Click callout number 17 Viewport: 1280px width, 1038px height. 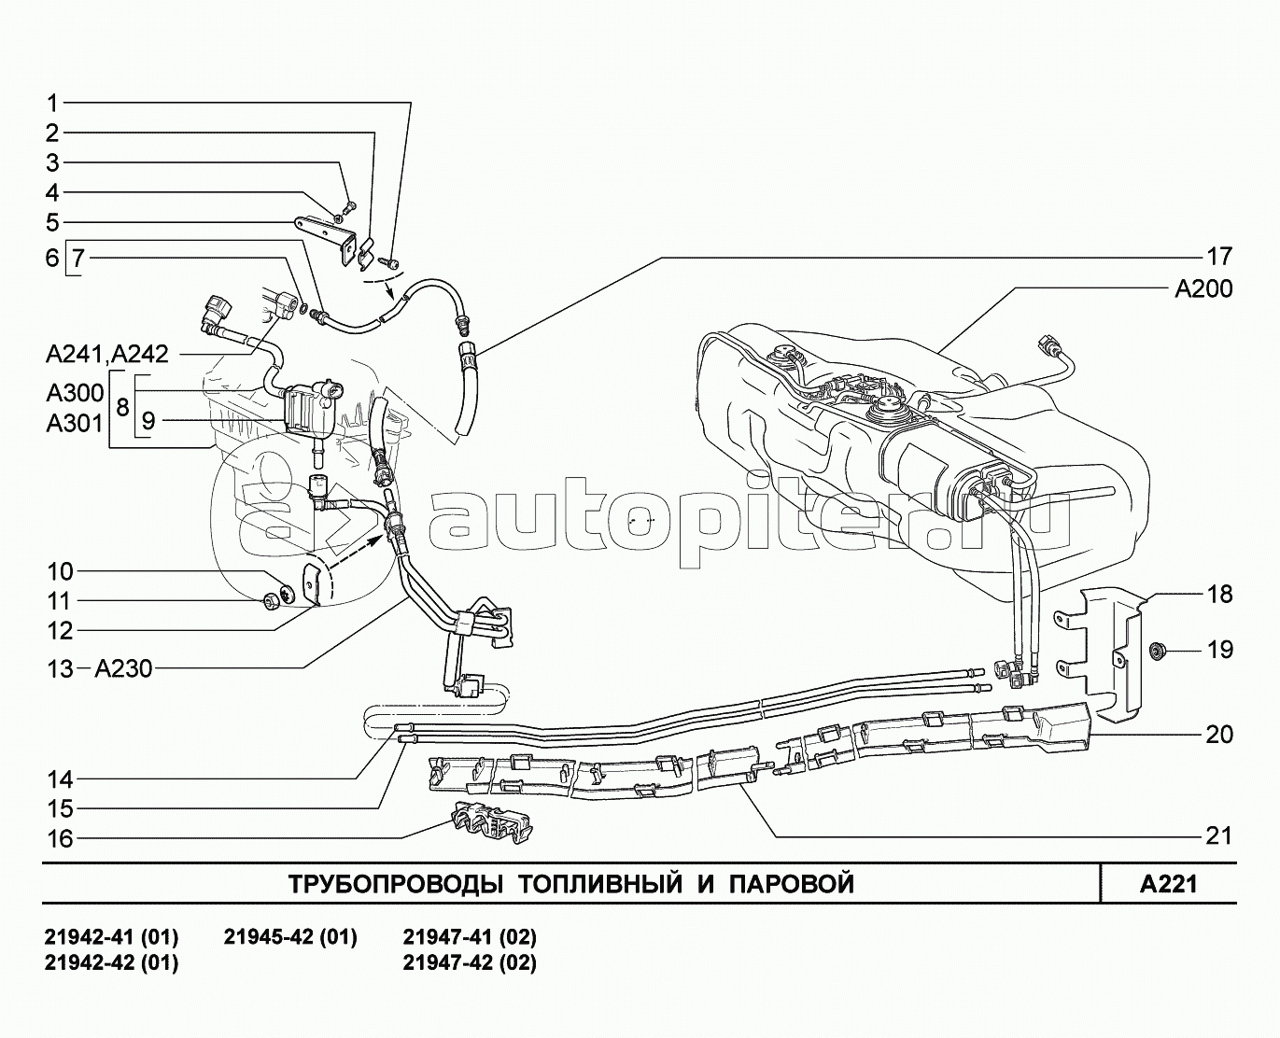tap(1218, 256)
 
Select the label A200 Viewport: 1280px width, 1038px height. tap(1203, 289)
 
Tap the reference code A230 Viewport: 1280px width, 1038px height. tap(123, 668)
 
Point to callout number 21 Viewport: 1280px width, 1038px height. tap(1218, 835)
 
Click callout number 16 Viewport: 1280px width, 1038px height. tap(60, 839)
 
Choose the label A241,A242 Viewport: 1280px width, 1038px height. tap(106, 354)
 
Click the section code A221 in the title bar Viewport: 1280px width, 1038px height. tap(1168, 884)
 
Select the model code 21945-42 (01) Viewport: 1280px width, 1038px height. tap(290, 937)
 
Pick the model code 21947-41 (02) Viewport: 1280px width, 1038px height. tap(470, 937)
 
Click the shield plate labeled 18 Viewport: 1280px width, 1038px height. tap(1111, 653)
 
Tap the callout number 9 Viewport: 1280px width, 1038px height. tap(147, 421)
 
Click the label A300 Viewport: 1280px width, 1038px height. tap(75, 391)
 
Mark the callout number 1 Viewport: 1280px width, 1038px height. tap(53, 103)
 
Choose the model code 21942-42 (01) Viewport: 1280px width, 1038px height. tap(111, 962)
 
